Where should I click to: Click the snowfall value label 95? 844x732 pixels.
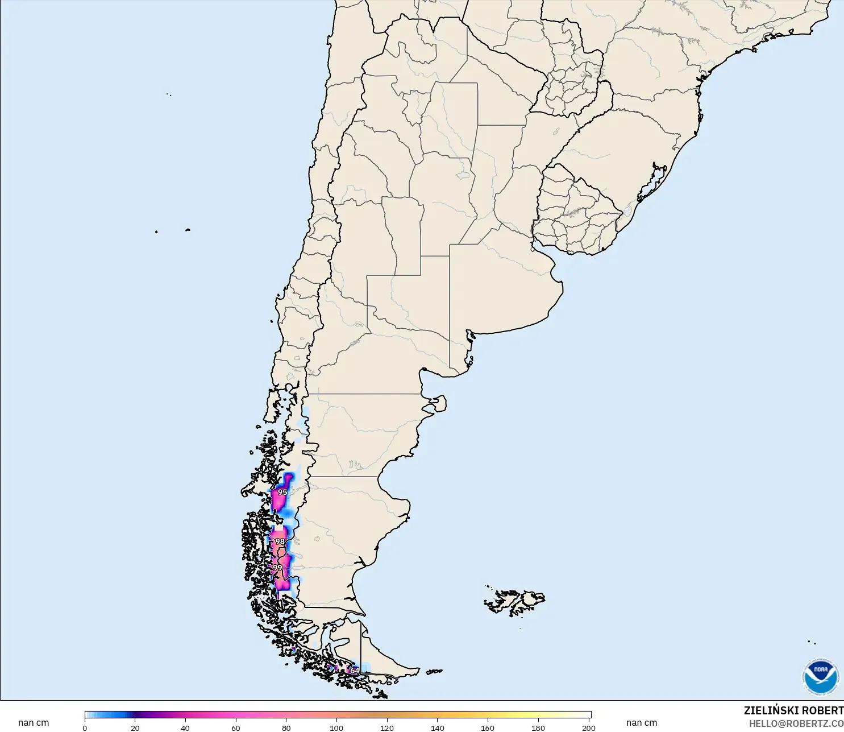(282, 492)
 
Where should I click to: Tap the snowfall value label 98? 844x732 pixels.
(280, 541)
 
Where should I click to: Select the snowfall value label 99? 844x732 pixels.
(277, 568)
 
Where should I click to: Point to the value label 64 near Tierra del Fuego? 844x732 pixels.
(354, 671)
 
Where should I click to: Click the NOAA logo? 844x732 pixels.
(820, 677)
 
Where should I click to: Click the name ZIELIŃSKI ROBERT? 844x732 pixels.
(793, 710)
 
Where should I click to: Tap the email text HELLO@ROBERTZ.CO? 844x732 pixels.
(796, 723)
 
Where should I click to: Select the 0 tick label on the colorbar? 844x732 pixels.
(85, 727)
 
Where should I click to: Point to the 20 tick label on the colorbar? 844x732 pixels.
(135, 727)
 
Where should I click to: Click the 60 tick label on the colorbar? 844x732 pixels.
(236, 727)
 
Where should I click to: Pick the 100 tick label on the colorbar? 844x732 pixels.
(336, 727)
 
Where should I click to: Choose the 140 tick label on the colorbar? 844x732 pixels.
(438, 727)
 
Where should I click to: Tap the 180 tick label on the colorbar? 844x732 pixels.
(538, 727)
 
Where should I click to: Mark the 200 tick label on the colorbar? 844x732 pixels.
(589, 727)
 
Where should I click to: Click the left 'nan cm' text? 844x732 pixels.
(34, 723)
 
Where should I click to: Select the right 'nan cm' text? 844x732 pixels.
(642, 723)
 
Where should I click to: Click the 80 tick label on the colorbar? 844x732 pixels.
(286, 727)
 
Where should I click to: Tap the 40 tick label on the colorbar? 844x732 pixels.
(185, 727)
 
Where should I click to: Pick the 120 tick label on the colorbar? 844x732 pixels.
(387, 727)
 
